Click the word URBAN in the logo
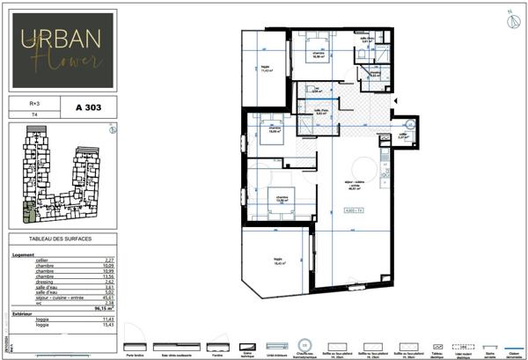point(61,39)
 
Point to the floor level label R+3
point(33,103)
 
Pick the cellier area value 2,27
point(108,260)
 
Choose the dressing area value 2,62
point(108,281)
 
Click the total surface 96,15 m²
point(105,309)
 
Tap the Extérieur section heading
point(23,314)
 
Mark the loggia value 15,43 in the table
point(107,326)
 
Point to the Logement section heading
point(24,254)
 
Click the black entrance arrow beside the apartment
point(396,102)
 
